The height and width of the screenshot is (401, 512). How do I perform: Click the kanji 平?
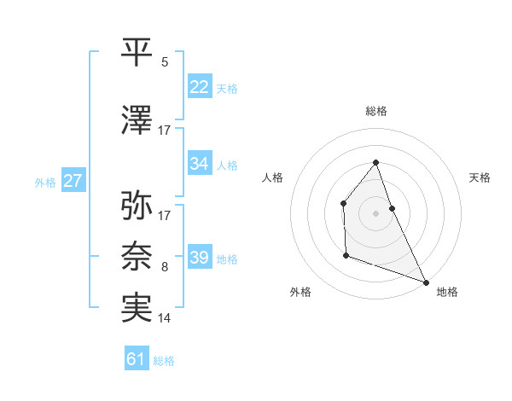(137, 52)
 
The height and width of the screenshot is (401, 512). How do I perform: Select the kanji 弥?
(137, 206)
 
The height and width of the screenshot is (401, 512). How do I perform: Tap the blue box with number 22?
(200, 87)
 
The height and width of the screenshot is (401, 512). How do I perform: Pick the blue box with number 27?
(73, 181)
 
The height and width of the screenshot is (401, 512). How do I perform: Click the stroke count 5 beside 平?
(165, 62)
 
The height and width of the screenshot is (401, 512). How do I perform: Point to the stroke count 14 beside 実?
(165, 318)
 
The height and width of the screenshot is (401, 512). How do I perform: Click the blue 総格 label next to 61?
(164, 361)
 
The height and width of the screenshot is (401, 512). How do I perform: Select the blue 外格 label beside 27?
(45, 183)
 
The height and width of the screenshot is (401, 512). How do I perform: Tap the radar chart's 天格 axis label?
(480, 177)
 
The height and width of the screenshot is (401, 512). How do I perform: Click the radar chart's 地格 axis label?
(447, 292)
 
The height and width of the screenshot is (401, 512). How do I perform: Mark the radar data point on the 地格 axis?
(426, 282)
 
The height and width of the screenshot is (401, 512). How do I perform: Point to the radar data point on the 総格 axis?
(375, 162)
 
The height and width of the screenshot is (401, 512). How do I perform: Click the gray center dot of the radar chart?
(375, 212)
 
